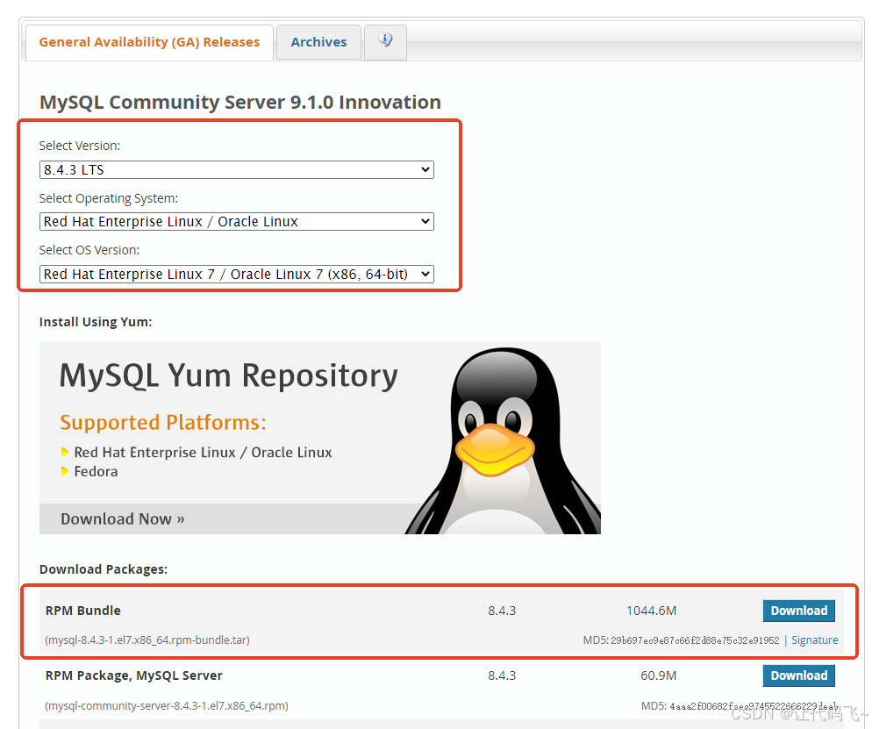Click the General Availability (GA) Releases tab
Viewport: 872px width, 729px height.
149,42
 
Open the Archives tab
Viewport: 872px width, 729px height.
318,42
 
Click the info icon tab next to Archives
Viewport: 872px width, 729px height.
385,41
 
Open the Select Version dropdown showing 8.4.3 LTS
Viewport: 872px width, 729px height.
237,169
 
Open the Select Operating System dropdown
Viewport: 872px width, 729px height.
237,222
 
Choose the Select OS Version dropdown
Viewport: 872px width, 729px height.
237,274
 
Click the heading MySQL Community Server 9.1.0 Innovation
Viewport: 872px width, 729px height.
239,103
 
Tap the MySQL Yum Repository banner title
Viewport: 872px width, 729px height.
228,376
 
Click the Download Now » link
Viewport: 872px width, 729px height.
122,518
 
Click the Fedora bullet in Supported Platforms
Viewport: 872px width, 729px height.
96,472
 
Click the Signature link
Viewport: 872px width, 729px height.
814,640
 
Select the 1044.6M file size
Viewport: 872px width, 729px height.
651,611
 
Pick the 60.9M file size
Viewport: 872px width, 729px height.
659,675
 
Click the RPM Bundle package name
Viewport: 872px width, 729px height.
83,611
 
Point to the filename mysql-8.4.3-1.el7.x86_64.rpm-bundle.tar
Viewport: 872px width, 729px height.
147,640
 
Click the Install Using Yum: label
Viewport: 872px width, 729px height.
95,322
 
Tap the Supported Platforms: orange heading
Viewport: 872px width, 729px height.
162,423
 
